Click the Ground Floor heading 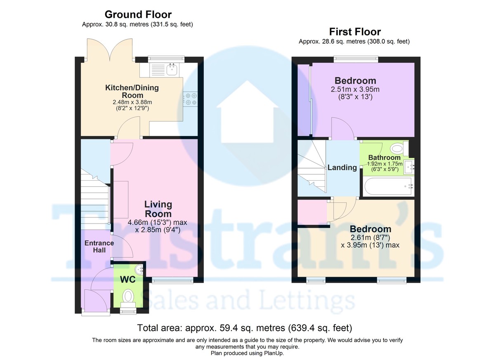137,15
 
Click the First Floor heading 355,31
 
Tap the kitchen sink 172,69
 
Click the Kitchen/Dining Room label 132,92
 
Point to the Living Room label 158,209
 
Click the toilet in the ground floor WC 129,296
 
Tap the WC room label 128,280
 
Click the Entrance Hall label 99,247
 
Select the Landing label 342,167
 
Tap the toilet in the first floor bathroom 398,148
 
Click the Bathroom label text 384,158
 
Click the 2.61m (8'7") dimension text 370,238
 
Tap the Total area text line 245,328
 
